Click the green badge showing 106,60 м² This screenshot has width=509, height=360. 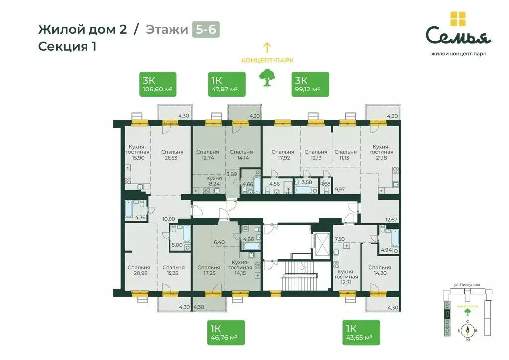[x=158, y=84]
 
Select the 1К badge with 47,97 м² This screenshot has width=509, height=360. [x=226, y=84]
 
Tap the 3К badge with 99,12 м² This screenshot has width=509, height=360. [x=310, y=84]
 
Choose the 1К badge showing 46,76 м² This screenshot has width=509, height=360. [x=226, y=332]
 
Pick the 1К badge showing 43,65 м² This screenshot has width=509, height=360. [x=361, y=332]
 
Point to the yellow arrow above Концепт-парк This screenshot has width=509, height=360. [x=267, y=48]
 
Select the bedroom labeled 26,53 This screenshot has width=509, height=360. [x=172, y=155]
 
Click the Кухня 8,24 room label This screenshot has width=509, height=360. [x=214, y=180]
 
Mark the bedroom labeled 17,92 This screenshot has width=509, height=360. [x=282, y=155]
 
